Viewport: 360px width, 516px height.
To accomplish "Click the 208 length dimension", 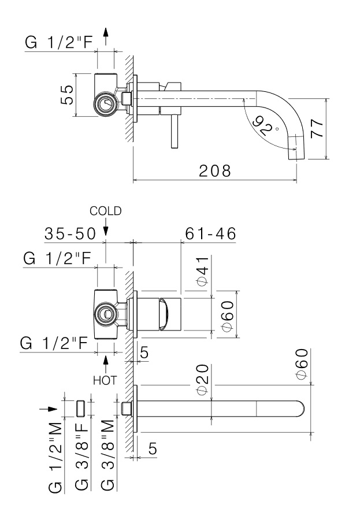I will point(214,171).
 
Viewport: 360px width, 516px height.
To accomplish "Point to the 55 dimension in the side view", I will point(68,95).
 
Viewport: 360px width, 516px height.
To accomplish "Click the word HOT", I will point(106,381).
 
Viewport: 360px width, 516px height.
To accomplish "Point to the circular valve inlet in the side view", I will point(105,103).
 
